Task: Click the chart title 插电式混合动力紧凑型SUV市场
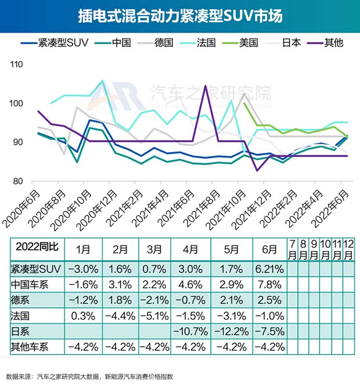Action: (180, 16)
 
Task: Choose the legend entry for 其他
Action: (330, 42)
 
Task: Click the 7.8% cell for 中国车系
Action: (268, 285)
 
